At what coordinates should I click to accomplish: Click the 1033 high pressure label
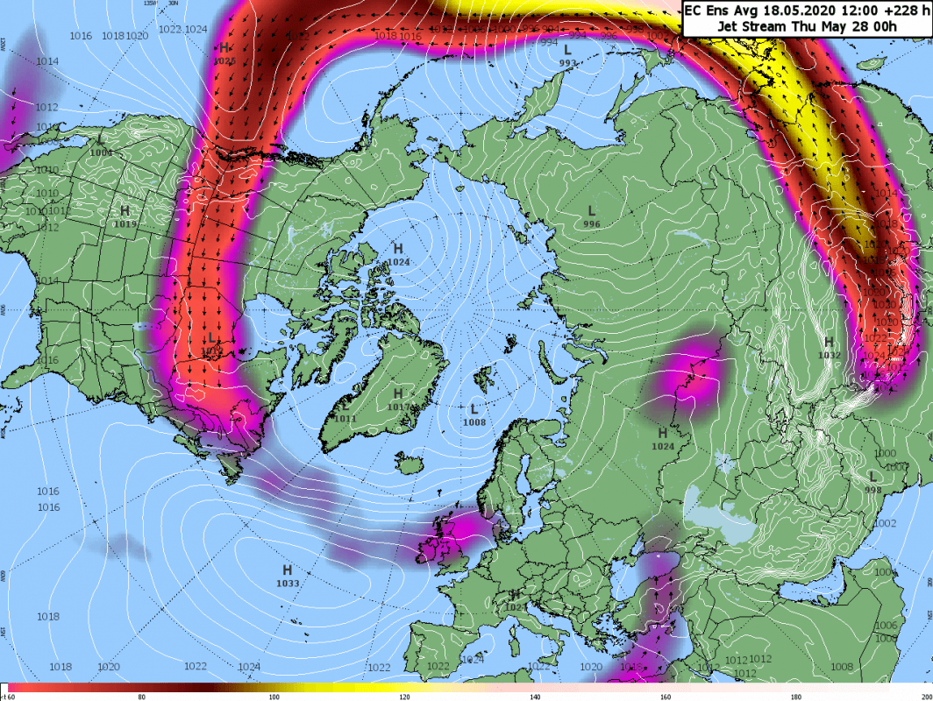coord(287,583)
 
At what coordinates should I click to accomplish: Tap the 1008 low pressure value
coord(474,422)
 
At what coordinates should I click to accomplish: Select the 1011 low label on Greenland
coord(345,419)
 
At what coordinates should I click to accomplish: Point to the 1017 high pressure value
coord(398,407)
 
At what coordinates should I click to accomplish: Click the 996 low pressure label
coord(592,224)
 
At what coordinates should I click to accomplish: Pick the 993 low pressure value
coord(567,63)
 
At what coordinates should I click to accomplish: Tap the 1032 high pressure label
coord(829,355)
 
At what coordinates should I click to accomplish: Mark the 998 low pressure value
coord(872,490)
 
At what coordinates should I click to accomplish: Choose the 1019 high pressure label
coord(125,224)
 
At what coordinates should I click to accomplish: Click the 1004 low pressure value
coord(101,152)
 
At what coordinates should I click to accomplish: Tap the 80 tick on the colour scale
coord(141,697)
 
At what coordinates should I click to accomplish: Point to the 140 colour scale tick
coord(534,697)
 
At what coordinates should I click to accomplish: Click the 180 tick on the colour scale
coord(795,697)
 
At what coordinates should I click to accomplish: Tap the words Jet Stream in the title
coord(746,27)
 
